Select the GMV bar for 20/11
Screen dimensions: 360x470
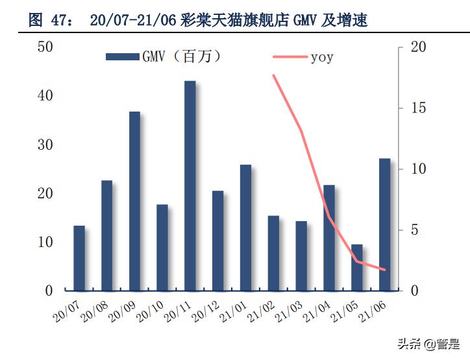click(x=190, y=186)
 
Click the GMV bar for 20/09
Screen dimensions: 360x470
click(x=134, y=201)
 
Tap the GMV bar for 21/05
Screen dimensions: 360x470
click(x=357, y=267)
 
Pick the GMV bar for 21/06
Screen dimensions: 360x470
click(x=385, y=224)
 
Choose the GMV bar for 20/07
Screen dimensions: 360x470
click(x=79, y=258)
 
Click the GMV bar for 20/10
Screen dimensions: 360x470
click(x=162, y=248)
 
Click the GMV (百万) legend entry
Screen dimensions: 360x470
click(x=166, y=57)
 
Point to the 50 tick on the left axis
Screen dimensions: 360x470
click(x=45, y=47)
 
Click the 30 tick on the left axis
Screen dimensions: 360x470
click(x=45, y=145)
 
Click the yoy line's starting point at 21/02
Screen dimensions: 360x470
click(x=273, y=75)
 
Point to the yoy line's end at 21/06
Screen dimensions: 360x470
click(x=384, y=270)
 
